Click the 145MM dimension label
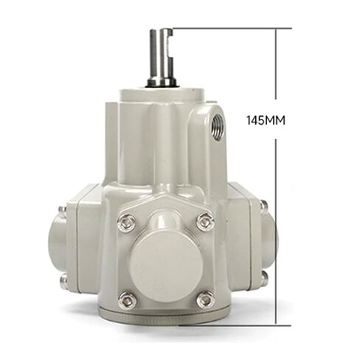[x=266, y=120]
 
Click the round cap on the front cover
[x=167, y=266]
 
